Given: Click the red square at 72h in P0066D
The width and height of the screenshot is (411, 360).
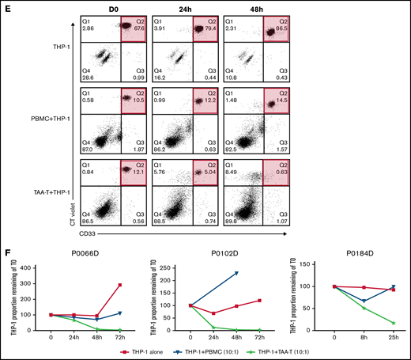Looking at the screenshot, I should point(120,285).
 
